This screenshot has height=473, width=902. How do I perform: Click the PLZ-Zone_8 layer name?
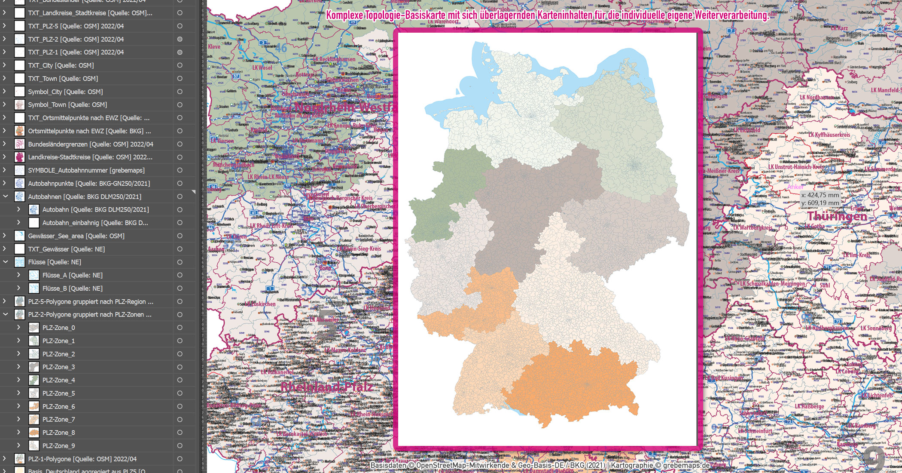(x=58, y=433)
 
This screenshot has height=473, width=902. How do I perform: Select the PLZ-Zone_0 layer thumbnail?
(x=34, y=328)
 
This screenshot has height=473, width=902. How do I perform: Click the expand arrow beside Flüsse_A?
(x=18, y=275)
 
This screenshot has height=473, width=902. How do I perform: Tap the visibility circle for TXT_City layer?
(x=180, y=65)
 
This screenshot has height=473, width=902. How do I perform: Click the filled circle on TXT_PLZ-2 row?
(x=180, y=39)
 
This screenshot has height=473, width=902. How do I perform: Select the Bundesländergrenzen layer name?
(x=90, y=144)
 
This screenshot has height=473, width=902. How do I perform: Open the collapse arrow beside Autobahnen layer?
(x=6, y=197)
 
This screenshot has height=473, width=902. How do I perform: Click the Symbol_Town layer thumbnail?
(x=20, y=104)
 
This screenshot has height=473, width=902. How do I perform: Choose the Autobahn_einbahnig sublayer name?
(x=95, y=223)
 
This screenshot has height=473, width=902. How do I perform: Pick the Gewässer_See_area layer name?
(x=76, y=236)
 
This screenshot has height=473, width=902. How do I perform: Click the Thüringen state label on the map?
(x=837, y=216)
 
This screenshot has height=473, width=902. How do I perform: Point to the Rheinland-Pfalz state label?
(x=326, y=387)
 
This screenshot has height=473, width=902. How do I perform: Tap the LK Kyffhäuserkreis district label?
(x=829, y=135)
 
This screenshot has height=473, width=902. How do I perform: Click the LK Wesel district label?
(x=262, y=68)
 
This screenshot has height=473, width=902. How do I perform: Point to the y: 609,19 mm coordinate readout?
(x=820, y=203)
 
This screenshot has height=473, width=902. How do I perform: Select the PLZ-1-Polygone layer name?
(x=82, y=459)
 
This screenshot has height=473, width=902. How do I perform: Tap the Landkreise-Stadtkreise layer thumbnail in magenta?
(x=20, y=157)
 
